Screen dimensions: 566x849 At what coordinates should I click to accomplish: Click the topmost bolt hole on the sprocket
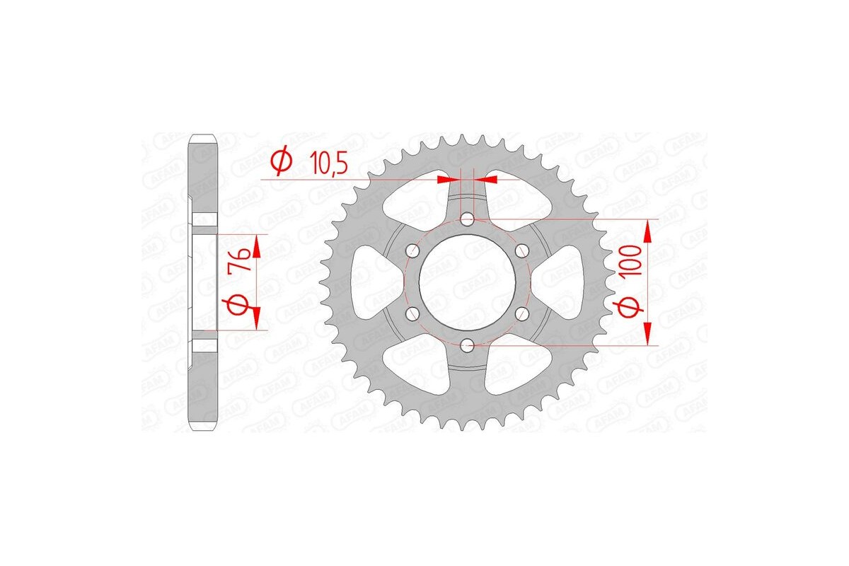[x=467, y=220]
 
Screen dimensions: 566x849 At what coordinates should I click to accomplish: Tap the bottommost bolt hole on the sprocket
[x=467, y=345]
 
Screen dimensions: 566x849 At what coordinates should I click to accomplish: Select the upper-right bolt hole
[x=521, y=250]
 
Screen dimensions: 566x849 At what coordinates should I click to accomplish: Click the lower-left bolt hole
[x=412, y=313]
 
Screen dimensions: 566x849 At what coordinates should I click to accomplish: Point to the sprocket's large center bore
[x=467, y=282]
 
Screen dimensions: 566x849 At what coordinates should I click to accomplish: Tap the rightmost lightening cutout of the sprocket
[x=561, y=282]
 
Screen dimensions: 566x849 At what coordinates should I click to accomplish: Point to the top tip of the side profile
[x=204, y=135]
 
